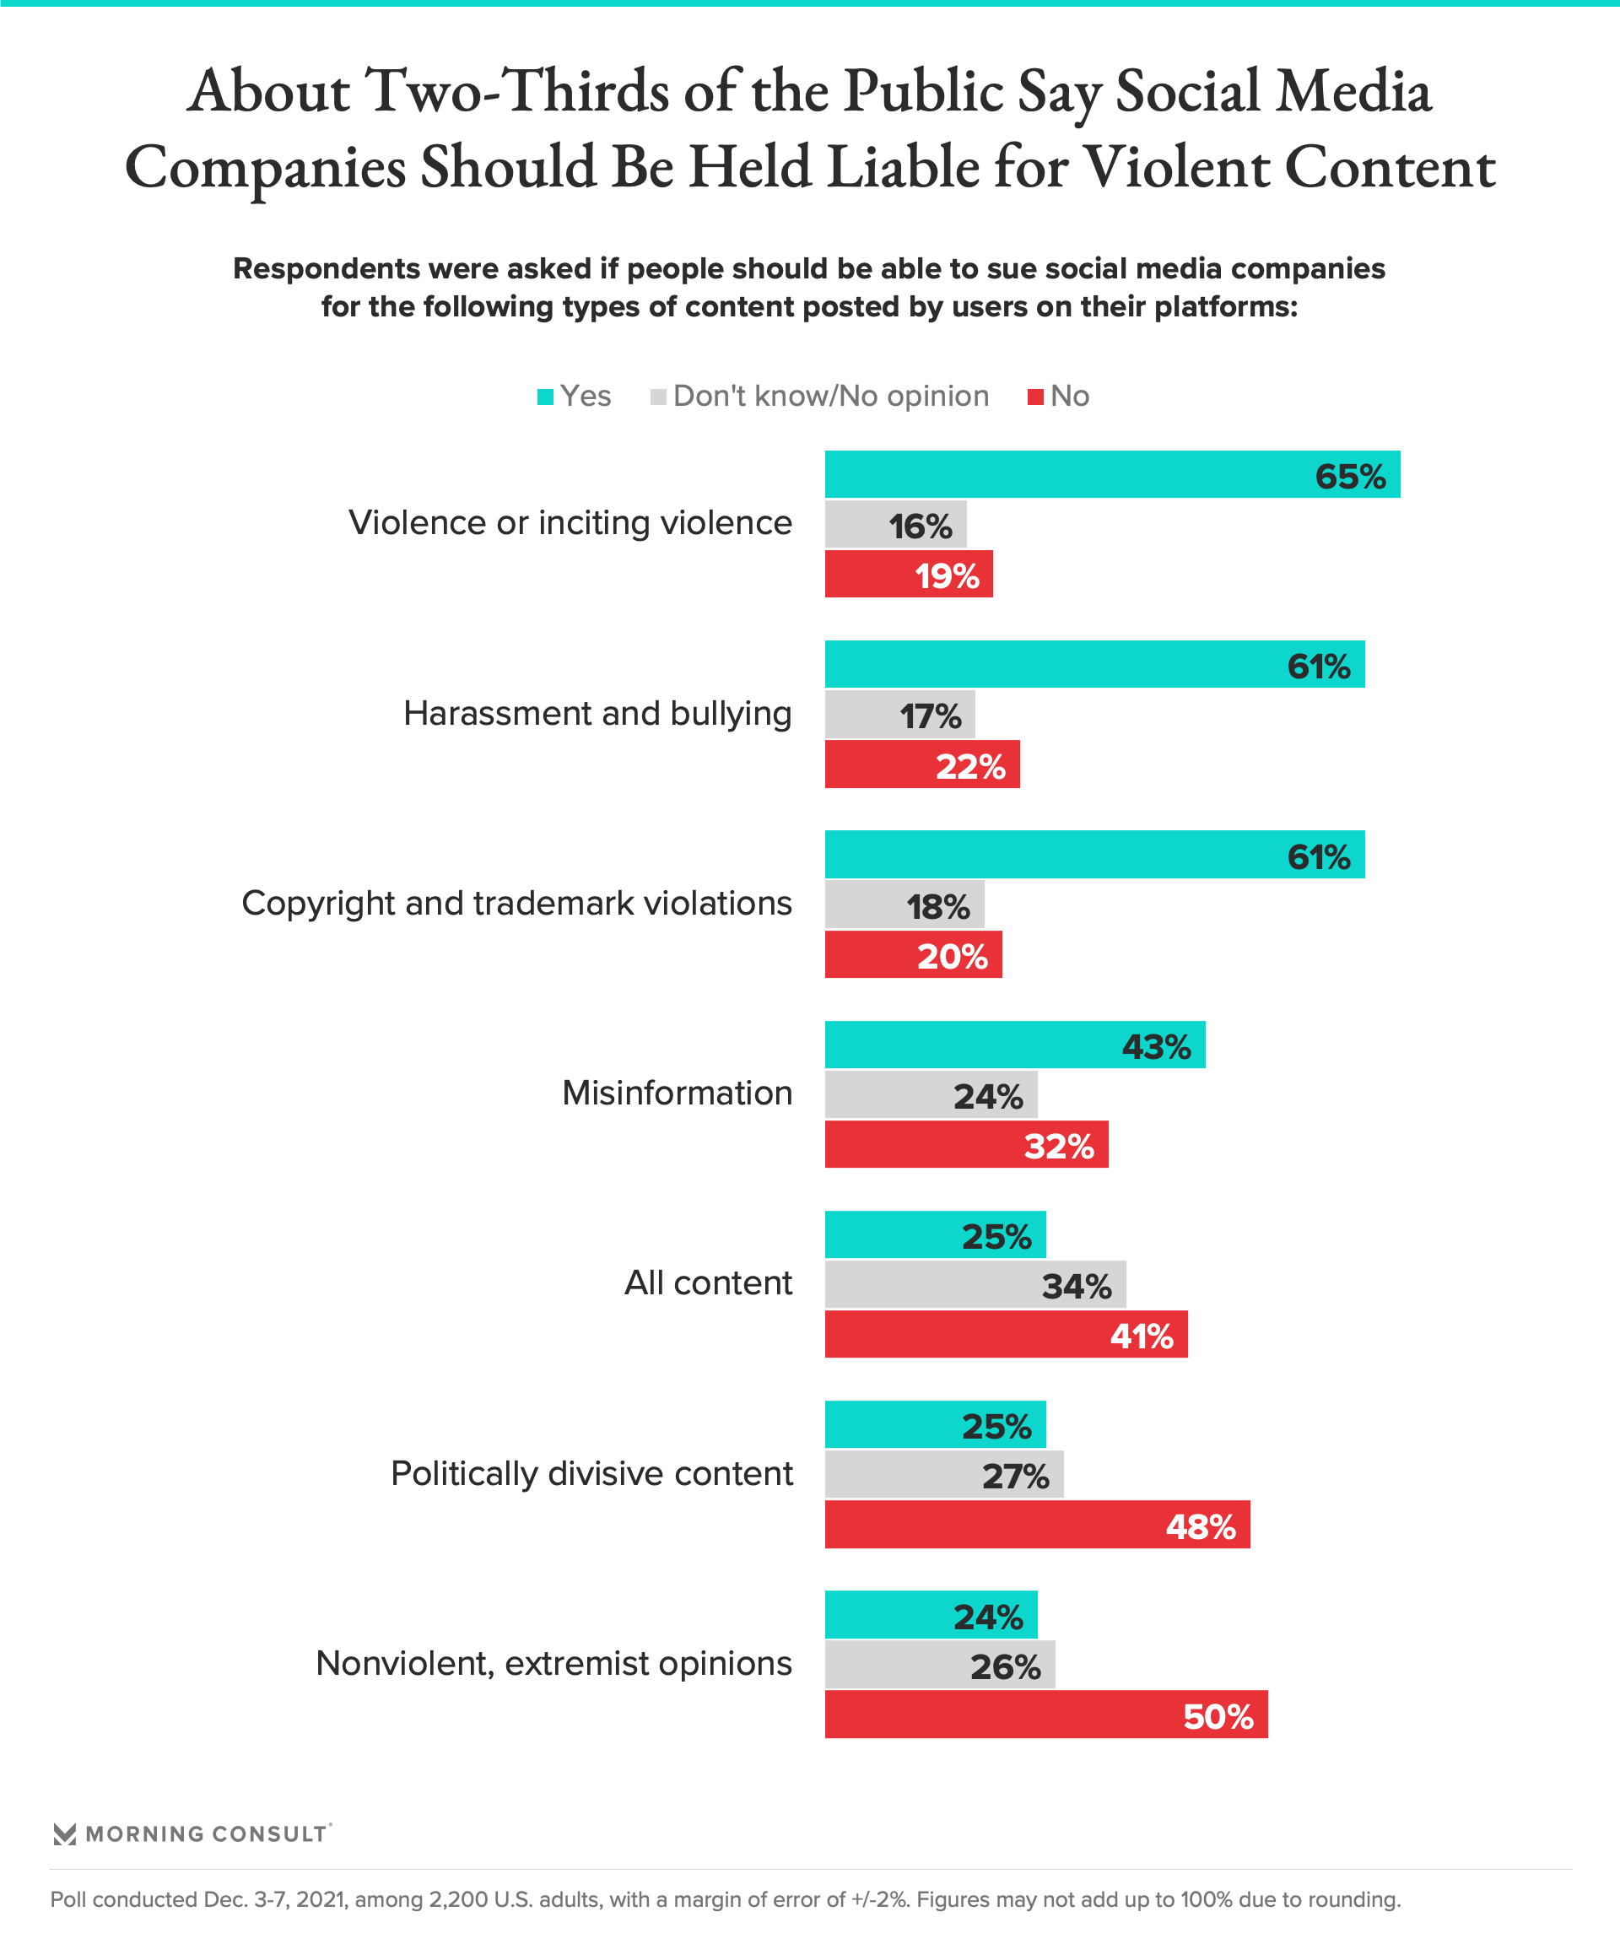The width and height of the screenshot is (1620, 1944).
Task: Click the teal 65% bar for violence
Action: (x=1111, y=474)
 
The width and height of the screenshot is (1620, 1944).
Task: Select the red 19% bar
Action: (x=908, y=574)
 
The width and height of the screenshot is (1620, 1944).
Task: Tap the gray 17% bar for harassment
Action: (x=899, y=715)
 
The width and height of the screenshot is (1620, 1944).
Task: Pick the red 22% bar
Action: (x=921, y=764)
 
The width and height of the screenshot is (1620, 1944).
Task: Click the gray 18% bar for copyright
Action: (x=904, y=904)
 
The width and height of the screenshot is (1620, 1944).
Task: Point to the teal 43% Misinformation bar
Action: (x=1013, y=1045)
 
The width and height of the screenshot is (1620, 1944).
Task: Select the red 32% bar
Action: (x=965, y=1145)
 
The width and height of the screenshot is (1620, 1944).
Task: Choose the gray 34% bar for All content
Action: (x=975, y=1284)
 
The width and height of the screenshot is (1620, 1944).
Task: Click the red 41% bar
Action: (x=1005, y=1335)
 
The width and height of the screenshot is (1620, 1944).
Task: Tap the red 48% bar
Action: (x=1037, y=1525)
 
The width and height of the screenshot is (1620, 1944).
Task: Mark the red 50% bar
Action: (x=1045, y=1715)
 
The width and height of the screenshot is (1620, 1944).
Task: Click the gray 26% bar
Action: (x=939, y=1666)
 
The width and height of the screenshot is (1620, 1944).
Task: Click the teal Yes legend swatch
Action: (x=545, y=397)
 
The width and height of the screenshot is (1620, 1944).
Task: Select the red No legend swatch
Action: (x=1036, y=397)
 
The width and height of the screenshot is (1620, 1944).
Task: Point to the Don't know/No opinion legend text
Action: (x=830, y=397)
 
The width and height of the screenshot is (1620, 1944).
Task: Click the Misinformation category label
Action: (x=677, y=1093)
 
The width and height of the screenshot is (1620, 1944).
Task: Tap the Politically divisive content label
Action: (x=591, y=1474)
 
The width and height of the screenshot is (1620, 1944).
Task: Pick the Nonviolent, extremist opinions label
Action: (x=553, y=1664)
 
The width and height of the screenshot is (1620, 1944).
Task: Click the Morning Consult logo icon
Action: (x=65, y=1833)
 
